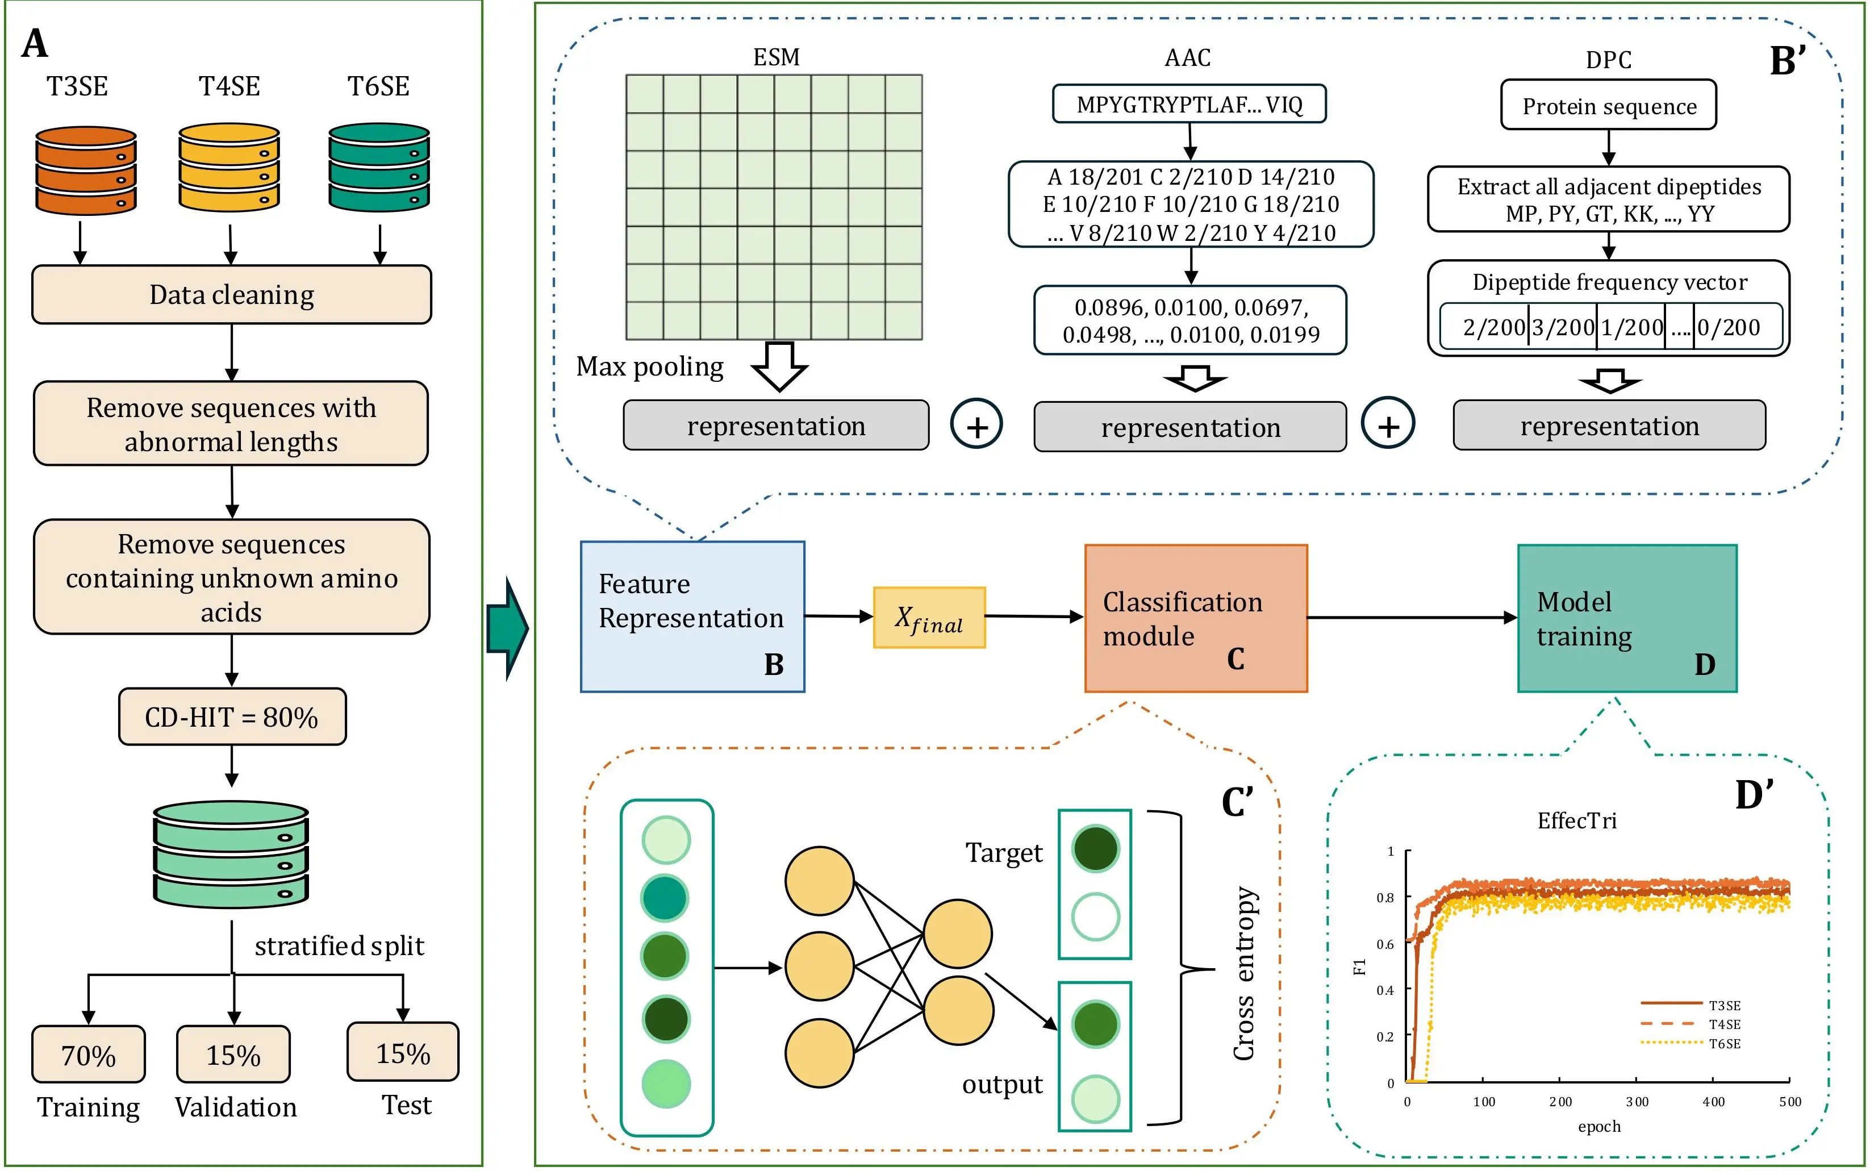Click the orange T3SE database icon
(86, 170)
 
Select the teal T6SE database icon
(379, 167)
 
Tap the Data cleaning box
(232, 294)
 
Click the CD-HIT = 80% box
(232, 717)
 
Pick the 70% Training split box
(88, 1054)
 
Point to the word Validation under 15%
(235, 1107)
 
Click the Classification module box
(1196, 618)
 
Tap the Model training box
(1627, 618)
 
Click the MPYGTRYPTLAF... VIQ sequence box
(1188, 105)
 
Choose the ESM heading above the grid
(776, 57)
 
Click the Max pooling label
(650, 366)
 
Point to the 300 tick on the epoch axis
(1637, 1101)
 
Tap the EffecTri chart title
(1576, 821)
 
